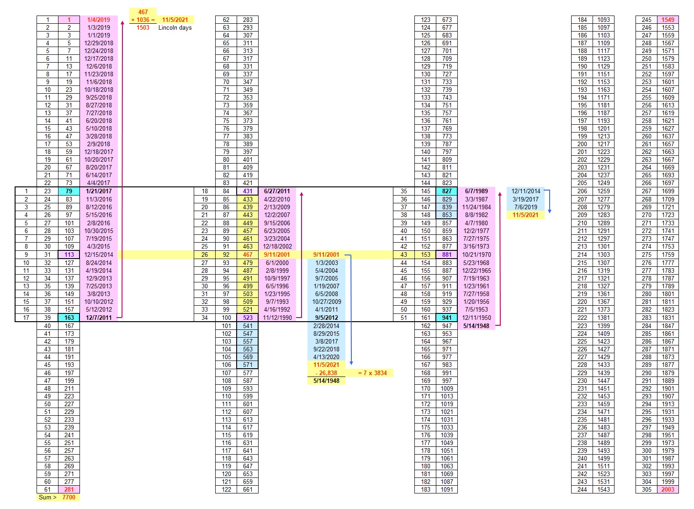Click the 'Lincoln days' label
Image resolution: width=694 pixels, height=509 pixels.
click(x=175, y=27)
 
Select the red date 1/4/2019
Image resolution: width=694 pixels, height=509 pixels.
click(x=99, y=20)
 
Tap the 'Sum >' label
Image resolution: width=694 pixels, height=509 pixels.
click(x=48, y=497)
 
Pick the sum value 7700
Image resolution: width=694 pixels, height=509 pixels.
click(x=69, y=497)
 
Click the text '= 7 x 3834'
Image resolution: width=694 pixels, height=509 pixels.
click(x=372, y=373)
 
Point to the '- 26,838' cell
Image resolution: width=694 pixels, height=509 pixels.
click(x=326, y=373)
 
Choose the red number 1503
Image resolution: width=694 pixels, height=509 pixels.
click(x=143, y=27)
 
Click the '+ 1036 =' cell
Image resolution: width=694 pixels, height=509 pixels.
click(x=143, y=20)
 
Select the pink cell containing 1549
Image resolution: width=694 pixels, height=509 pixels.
click(x=668, y=20)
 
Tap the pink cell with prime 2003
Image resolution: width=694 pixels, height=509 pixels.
click(x=668, y=489)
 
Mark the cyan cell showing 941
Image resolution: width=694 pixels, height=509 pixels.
click(x=446, y=318)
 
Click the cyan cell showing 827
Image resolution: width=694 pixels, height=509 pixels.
click(x=446, y=191)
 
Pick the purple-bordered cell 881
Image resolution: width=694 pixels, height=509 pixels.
click(x=446, y=254)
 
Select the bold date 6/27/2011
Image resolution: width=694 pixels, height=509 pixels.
click(x=277, y=191)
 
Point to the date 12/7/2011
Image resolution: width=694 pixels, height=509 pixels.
click(x=99, y=318)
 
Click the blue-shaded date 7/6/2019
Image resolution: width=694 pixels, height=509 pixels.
click(x=525, y=207)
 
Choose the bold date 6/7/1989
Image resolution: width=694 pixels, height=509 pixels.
click(x=476, y=191)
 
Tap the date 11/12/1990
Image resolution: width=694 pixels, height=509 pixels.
click(x=277, y=318)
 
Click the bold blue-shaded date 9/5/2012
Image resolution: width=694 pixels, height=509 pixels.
click(x=326, y=318)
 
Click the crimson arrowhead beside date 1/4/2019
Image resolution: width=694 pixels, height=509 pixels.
click(x=122, y=22)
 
